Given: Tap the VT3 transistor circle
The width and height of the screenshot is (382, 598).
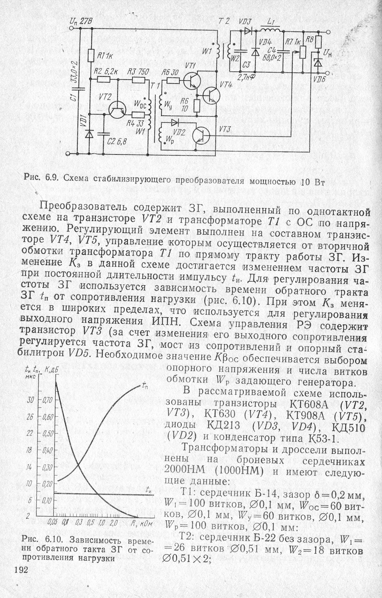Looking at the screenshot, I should tap(201, 135).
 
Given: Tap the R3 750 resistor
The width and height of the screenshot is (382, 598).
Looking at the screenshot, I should tap(138, 80).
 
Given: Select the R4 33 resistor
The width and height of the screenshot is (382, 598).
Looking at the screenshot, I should tap(138, 115).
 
